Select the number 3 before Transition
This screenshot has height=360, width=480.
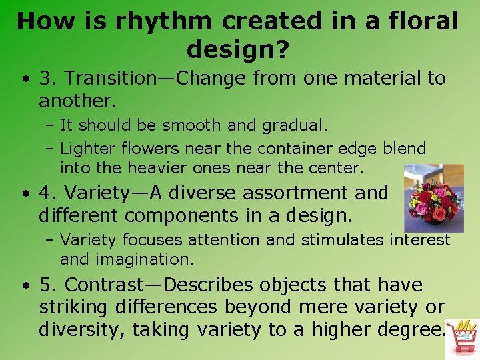coord(45,79)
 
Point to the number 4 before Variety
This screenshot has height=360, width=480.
coord(45,193)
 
